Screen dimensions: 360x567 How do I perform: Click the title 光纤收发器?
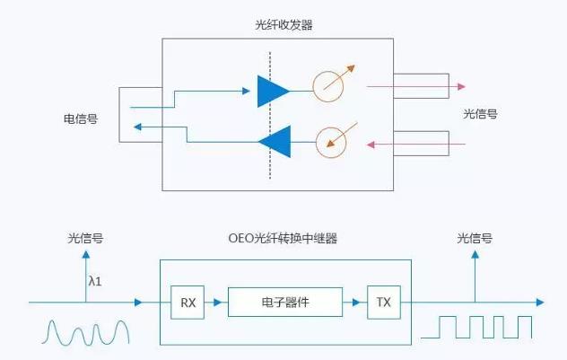tap(278, 26)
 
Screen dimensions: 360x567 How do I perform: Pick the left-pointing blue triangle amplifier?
tap(274, 141)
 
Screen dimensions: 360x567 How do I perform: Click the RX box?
tap(188, 303)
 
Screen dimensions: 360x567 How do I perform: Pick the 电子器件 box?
tap(285, 303)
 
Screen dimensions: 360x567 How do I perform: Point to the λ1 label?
tap(95, 281)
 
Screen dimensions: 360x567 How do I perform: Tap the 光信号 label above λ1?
tap(85, 238)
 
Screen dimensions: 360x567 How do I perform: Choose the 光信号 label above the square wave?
tap(475, 238)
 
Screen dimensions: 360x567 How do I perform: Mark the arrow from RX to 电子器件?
tap(215, 303)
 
